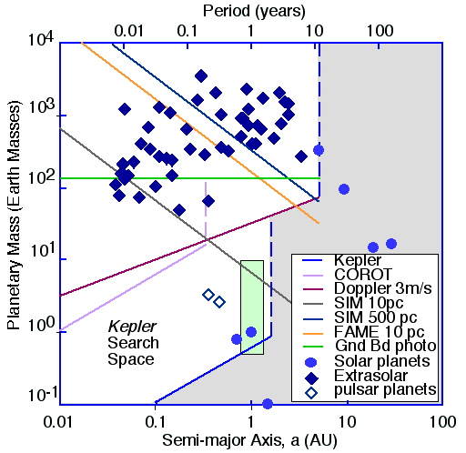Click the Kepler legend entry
coord(358,260)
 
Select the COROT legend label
coord(363,275)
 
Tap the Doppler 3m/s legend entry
coord(382,288)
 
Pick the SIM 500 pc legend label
coord(375,317)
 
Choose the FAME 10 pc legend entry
coord(379,332)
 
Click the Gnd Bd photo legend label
coord(385,346)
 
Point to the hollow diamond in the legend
coord(311,393)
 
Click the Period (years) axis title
coord(254,11)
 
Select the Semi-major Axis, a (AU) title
coord(249,440)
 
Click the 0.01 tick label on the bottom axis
coord(58,421)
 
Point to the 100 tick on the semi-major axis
coord(442,421)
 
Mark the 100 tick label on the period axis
coord(380,31)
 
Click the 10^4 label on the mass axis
coord(41,39)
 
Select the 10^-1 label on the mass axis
coord(43,395)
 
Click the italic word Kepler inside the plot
coord(132,327)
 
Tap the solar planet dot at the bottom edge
coord(268,404)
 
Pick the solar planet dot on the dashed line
coord(319,150)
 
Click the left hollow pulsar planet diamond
coord(208,295)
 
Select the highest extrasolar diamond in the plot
coord(201,76)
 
